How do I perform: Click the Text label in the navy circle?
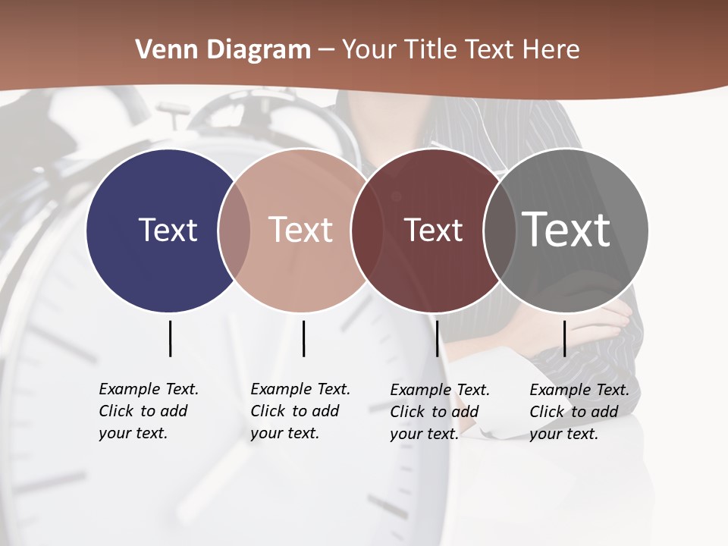tap(168, 230)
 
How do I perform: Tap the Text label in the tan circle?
tap(301, 230)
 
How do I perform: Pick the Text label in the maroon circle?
tap(433, 231)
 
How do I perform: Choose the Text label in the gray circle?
tap(566, 229)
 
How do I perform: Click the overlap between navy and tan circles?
tap(234, 231)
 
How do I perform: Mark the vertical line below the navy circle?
tap(171, 338)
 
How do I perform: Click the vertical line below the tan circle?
tap(303, 338)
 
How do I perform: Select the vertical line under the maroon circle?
tap(437, 338)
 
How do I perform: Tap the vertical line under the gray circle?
tap(564, 338)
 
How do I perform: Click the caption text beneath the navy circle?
tap(149, 411)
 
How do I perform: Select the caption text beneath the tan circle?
tap(300, 411)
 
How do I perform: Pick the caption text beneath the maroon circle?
tap(440, 412)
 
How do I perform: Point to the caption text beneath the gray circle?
tap(579, 412)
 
